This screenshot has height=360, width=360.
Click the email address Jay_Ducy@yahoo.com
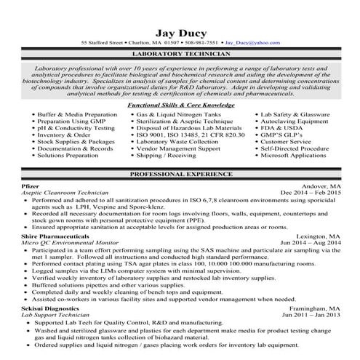252,43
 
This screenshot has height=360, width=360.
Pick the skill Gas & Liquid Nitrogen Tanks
184,114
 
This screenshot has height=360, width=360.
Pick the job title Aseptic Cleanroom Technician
65,192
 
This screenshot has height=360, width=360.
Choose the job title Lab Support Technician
59,316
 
